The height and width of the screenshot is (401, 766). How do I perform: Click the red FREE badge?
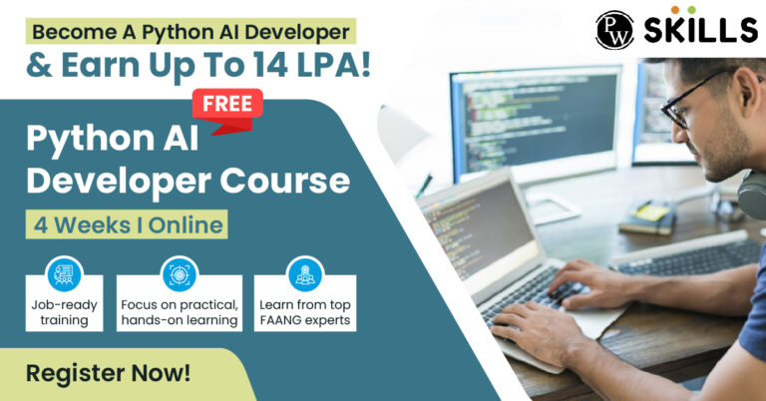[x=227, y=110]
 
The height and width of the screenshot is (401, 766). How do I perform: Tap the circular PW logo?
[x=614, y=30]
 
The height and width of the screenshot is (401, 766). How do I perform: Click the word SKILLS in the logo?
[x=700, y=30]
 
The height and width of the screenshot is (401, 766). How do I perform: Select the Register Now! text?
[x=108, y=373]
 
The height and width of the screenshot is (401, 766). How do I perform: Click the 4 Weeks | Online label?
[x=127, y=224]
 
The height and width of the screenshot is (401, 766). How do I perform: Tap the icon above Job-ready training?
[x=64, y=274]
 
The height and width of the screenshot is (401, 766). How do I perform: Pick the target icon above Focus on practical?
[x=180, y=274]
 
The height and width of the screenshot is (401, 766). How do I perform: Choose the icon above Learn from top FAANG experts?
[x=305, y=274]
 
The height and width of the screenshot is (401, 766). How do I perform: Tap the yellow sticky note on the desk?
[x=650, y=212]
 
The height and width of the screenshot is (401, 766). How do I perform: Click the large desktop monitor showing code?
[x=536, y=121]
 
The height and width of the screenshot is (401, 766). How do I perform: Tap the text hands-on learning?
[x=180, y=320]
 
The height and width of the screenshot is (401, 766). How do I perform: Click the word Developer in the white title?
[x=119, y=182]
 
